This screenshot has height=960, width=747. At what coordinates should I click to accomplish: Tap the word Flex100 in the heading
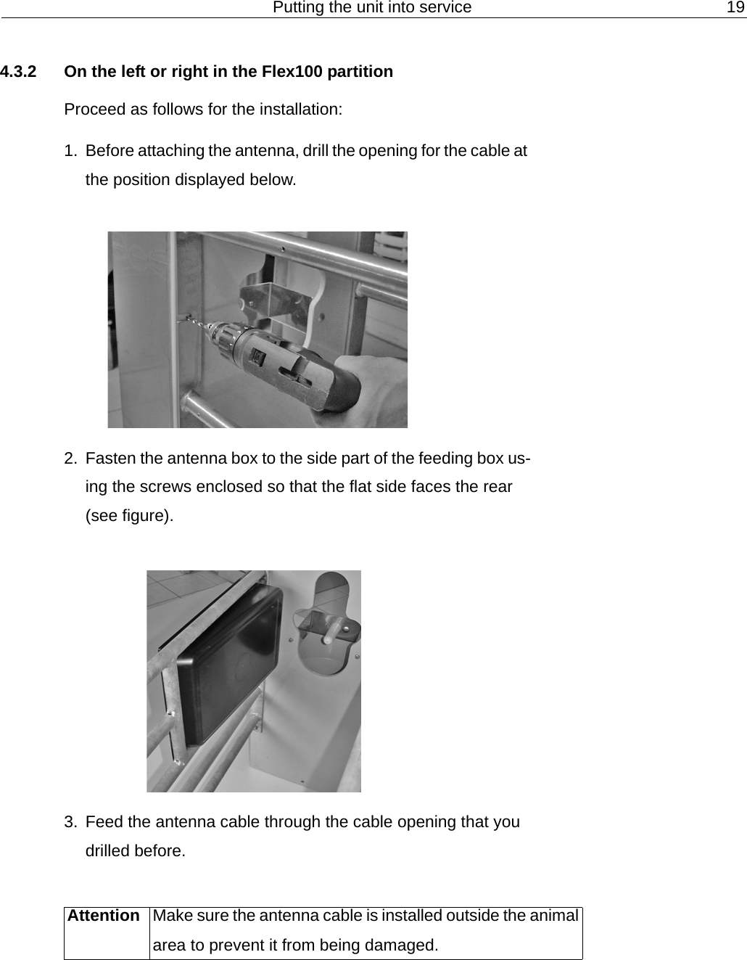pos(292,72)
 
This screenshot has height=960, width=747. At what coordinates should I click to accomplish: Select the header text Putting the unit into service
pos(371,7)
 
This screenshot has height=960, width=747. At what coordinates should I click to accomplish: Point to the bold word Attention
pos(104,916)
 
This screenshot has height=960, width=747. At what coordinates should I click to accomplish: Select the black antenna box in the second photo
pos(228,664)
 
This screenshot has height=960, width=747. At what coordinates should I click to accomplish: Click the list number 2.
pos(70,459)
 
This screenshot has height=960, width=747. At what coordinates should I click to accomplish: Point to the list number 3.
pos(70,822)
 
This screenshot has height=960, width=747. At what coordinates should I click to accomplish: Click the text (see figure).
pos(130,516)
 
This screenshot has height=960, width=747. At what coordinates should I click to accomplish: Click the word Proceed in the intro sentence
pos(94,110)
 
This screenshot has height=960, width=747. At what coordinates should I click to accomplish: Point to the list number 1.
pos(70,151)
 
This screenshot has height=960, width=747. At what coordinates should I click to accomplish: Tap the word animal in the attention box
pos(554,916)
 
